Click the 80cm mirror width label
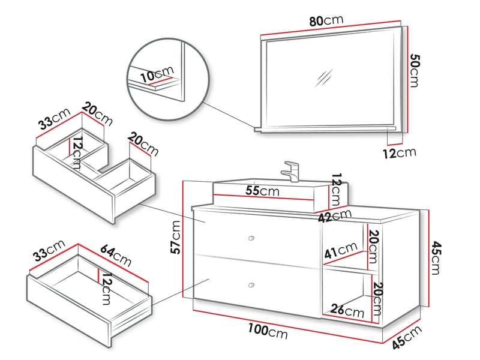326,20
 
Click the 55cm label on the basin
262,191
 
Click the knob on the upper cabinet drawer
251,238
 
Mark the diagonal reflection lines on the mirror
324,78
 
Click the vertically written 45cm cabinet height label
437,256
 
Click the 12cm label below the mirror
399,153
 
